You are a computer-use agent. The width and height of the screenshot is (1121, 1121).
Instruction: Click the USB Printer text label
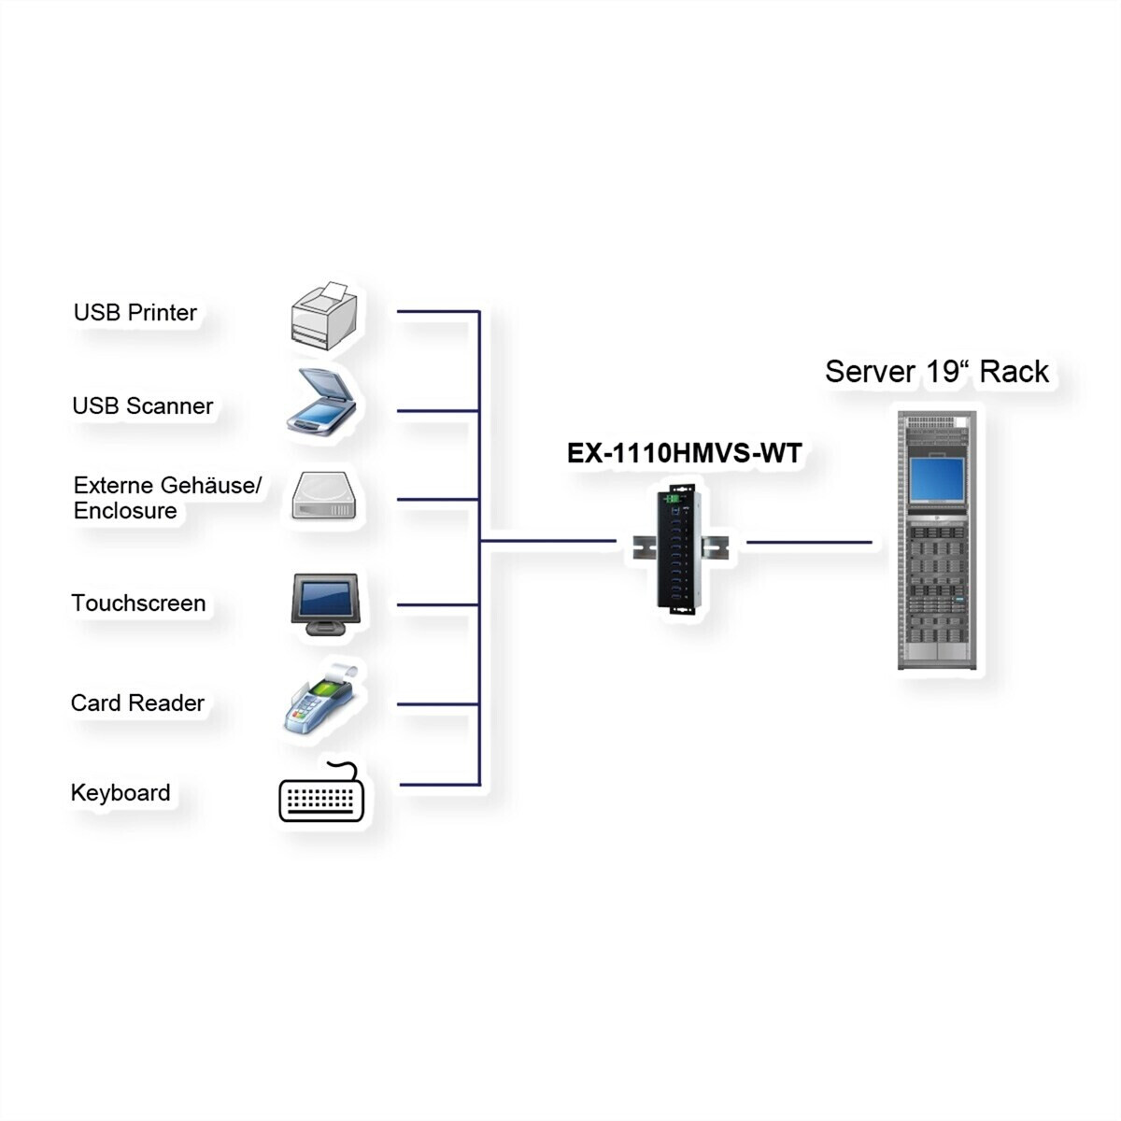(x=135, y=312)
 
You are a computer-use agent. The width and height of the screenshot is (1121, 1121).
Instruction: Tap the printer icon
(x=323, y=319)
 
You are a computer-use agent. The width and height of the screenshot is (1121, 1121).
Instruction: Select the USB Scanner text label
(x=143, y=405)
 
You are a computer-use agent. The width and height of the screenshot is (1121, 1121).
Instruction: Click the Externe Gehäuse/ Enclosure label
(x=167, y=498)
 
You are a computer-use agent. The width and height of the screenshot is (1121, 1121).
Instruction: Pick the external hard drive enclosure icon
(x=324, y=495)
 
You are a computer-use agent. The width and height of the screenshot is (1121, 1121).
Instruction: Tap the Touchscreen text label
(x=138, y=603)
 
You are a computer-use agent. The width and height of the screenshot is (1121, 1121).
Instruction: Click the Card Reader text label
(x=137, y=702)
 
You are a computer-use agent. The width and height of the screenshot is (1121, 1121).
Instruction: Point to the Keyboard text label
(x=121, y=793)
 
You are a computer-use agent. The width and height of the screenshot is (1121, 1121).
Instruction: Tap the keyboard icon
(x=321, y=796)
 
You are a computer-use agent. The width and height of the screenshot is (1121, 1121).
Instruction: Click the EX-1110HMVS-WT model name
(x=685, y=454)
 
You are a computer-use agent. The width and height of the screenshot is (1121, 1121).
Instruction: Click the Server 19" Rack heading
(x=937, y=372)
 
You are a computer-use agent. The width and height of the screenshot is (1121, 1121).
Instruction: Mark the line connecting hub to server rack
(x=809, y=542)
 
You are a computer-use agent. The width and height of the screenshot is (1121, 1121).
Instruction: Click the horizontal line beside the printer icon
(x=437, y=311)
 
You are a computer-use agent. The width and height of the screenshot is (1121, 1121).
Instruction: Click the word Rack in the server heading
(x=1015, y=372)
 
